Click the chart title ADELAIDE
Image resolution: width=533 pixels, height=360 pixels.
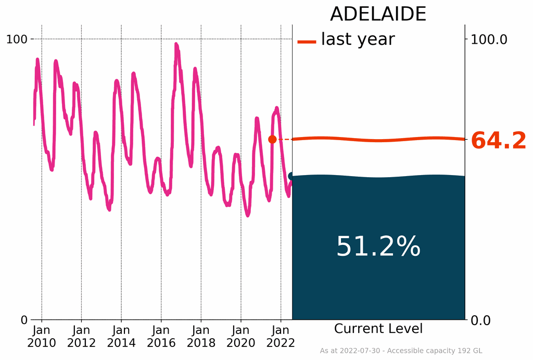click(378, 14)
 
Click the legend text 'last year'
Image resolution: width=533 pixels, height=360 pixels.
click(358, 39)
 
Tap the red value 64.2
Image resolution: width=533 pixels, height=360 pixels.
click(498, 141)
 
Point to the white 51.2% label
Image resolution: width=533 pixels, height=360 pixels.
click(378, 246)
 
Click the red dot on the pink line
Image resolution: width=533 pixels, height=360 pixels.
click(272, 139)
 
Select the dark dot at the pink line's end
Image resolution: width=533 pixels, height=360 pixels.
click(291, 176)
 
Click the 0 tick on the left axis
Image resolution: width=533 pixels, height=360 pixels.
click(23, 319)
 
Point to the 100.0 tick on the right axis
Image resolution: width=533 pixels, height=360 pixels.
click(488, 39)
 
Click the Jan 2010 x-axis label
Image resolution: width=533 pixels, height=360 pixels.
click(42, 336)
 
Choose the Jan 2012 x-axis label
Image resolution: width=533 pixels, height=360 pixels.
click(82, 336)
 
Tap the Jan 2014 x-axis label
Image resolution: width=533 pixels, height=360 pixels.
click(121, 336)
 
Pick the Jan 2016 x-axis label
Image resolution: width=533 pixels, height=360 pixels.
click(161, 336)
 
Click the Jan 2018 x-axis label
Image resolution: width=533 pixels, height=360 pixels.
click(201, 336)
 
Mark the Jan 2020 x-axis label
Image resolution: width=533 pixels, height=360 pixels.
click(241, 336)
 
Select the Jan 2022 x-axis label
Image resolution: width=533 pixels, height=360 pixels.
click(281, 336)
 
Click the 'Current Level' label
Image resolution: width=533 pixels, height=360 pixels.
click(378, 329)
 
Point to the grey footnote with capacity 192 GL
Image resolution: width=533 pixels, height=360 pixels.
click(401, 351)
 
